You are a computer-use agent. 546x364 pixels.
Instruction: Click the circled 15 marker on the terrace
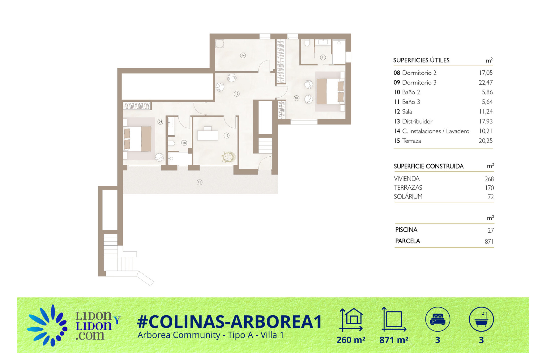(x=199, y=182)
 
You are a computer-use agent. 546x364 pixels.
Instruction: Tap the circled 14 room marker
(x=243, y=55)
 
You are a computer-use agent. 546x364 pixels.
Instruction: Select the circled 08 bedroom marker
(x=160, y=122)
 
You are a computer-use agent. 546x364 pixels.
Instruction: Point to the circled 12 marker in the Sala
(x=226, y=136)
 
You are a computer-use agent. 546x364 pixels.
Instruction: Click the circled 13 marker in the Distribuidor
(x=237, y=94)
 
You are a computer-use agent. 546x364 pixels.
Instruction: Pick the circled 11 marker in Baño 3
(x=323, y=57)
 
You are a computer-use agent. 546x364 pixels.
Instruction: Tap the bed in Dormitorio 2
(x=138, y=139)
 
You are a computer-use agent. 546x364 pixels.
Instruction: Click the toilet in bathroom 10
(x=171, y=143)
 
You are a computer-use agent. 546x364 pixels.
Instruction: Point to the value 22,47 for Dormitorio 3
(x=485, y=82)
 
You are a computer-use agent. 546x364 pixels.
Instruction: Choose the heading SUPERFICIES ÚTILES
(x=421, y=60)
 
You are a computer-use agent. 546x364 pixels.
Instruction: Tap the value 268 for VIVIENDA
(x=489, y=179)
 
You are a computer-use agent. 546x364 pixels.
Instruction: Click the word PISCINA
(x=406, y=230)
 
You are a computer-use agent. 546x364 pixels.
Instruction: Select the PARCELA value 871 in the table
(x=489, y=241)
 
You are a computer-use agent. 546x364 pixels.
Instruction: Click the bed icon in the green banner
(x=438, y=319)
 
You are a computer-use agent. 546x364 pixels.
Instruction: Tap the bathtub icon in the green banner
(x=481, y=319)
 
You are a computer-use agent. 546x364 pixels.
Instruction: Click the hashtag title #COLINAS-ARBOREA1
(x=229, y=322)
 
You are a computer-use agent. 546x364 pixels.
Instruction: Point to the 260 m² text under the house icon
(x=351, y=340)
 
